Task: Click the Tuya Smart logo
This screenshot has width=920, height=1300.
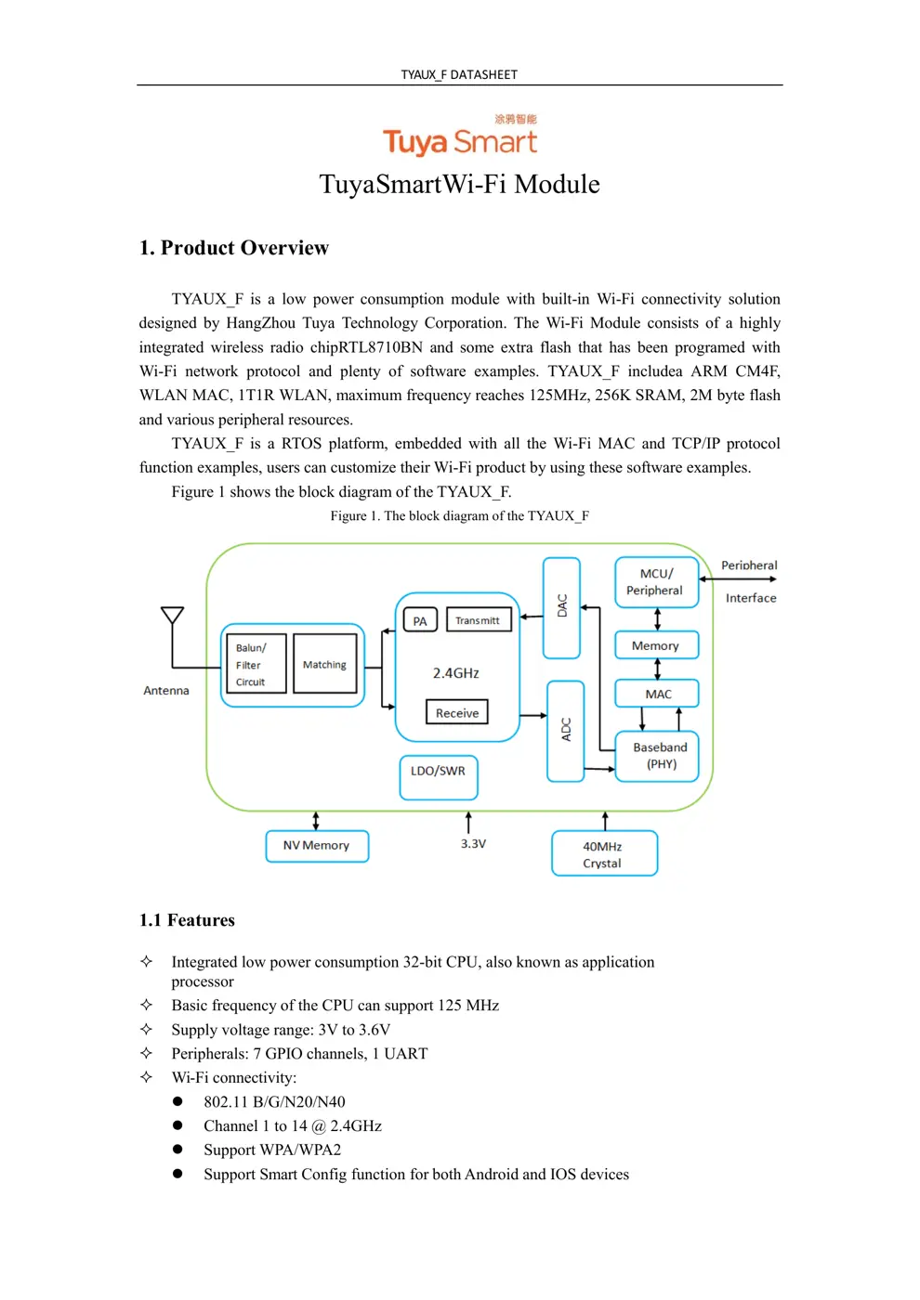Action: [460, 136]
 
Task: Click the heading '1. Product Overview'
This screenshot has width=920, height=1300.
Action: [234, 248]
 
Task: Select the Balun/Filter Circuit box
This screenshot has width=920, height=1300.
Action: [256, 665]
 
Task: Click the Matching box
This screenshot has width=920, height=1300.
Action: [324, 664]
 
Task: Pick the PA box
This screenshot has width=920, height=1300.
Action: [420, 620]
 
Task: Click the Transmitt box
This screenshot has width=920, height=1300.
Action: [478, 619]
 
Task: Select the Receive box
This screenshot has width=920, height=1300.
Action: [456, 712]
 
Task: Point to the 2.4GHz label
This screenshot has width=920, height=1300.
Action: [455, 672]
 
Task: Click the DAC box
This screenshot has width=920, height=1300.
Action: [561, 607]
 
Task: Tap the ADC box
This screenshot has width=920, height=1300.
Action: [565, 730]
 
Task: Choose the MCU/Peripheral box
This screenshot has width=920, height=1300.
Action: [656, 582]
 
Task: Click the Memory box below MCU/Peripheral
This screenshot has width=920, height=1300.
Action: [656, 645]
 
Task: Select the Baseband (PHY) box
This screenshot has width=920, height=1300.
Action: [658, 755]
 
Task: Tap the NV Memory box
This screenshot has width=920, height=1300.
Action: [317, 846]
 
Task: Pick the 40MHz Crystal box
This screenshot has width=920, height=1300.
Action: [604, 853]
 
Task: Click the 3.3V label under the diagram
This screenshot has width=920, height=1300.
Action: [473, 843]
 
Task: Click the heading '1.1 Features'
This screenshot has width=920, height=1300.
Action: [187, 920]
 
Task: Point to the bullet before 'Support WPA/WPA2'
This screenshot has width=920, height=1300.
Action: [177, 1150]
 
